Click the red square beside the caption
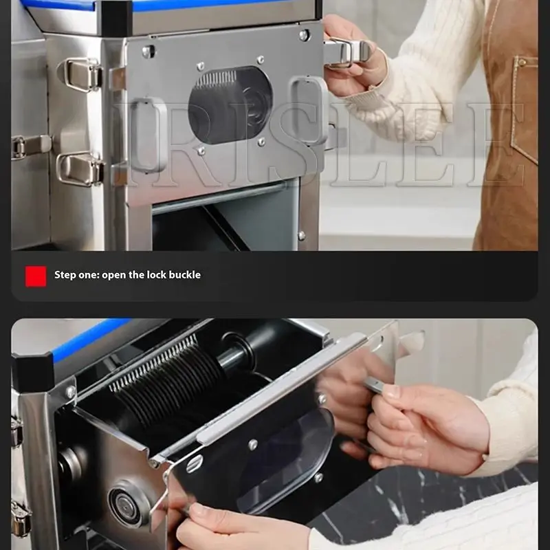click(36, 276)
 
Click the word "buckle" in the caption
click(183, 275)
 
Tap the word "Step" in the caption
click(66, 275)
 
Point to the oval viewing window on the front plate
click(230, 105)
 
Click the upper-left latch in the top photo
click(82, 72)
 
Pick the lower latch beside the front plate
click(79, 168)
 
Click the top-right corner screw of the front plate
click(303, 34)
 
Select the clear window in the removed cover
click(289, 461)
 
